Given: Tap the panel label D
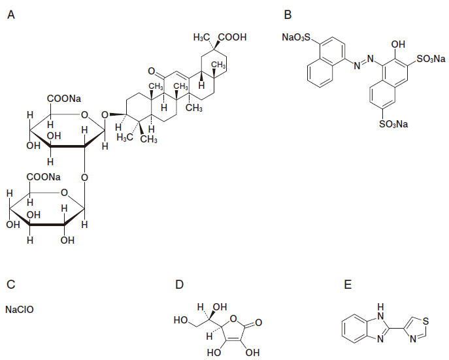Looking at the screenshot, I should point(180,285).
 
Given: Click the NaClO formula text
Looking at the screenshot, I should point(19,308).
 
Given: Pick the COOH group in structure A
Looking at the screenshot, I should point(234,38).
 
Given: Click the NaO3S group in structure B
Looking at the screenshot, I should point(298,39).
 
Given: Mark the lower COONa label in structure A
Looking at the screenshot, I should point(43,177).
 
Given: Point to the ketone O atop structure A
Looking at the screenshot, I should point(151,70).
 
